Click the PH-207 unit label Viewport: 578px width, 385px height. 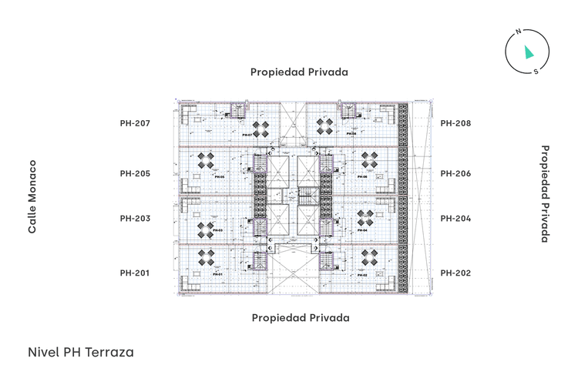[x=135, y=123]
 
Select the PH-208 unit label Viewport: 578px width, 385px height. [x=455, y=123]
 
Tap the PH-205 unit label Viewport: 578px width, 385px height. [x=135, y=173]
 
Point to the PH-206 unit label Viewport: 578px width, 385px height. [x=455, y=173]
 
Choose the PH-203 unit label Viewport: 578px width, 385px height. [x=135, y=219]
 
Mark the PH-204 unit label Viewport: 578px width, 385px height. [x=455, y=219]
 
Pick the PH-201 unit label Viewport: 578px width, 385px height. [x=135, y=273]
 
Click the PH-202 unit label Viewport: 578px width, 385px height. [x=455, y=273]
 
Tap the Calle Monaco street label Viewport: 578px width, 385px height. [x=32, y=197]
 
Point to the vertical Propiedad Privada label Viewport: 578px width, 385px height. [x=544, y=194]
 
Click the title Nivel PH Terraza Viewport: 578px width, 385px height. [x=81, y=352]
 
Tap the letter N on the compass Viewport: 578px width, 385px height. [x=519, y=32]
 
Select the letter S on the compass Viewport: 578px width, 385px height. [x=536, y=72]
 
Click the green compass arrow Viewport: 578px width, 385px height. [x=528, y=52]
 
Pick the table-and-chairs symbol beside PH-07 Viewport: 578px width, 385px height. [x=262, y=126]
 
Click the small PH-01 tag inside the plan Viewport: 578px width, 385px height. [x=217, y=274]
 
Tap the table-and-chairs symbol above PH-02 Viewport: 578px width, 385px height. [x=366, y=256]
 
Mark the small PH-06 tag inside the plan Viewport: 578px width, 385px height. [x=361, y=176]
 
